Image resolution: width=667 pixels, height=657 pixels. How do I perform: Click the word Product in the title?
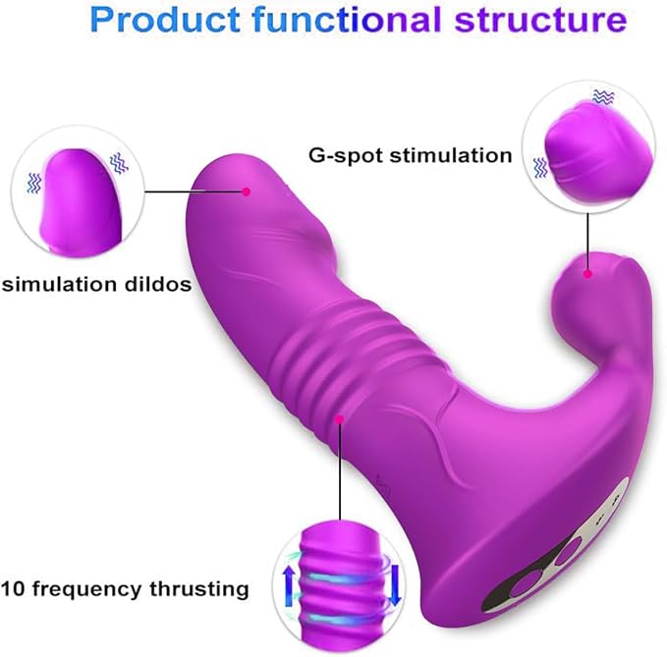point(165,20)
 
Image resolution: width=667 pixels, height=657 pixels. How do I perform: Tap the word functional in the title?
point(346,20)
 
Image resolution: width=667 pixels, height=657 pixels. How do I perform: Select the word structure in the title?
point(540,20)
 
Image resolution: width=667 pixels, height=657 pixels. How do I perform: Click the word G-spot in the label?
point(346,155)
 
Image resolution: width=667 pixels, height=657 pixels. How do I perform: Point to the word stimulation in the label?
point(451,155)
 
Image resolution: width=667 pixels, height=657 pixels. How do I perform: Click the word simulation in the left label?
point(60,284)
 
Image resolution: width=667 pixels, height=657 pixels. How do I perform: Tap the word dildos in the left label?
point(158,284)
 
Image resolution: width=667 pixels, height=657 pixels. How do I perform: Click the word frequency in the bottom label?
point(86,590)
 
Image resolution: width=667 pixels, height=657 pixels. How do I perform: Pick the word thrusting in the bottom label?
point(199,590)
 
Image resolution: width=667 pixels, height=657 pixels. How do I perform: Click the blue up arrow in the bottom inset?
point(289,586)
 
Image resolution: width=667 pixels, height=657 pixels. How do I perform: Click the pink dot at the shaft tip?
point(246,192)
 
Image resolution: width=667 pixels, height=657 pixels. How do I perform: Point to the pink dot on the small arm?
point(587,274)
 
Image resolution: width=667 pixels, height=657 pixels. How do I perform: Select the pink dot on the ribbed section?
point(339,419)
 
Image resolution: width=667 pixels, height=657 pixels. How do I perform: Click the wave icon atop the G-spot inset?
point(603,97)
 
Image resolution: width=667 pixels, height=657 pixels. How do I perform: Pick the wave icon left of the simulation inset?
point(34,184)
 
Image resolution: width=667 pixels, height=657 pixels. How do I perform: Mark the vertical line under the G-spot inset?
point(587,242)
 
